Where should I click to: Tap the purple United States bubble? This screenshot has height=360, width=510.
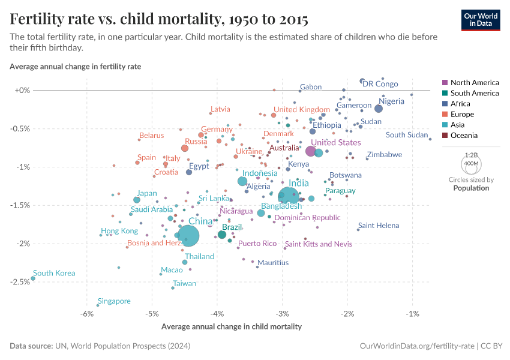[x=311, y=151]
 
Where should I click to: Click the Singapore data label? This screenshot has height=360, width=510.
[x=114, y=301]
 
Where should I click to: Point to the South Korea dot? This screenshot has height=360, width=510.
[x=33, y=278]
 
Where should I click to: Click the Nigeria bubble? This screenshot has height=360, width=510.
[x=379, y=108]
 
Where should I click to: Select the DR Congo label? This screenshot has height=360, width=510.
[x=380, y=84]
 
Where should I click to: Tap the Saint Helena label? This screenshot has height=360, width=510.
[x=379, y=226]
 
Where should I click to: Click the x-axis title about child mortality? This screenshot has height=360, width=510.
[x=232, y=327]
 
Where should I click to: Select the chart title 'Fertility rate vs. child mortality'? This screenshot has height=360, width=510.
[x=159, y=19]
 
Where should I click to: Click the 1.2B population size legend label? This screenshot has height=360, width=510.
[x=471, y=154]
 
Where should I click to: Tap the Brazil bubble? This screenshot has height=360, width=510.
[x=222, y=235]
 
